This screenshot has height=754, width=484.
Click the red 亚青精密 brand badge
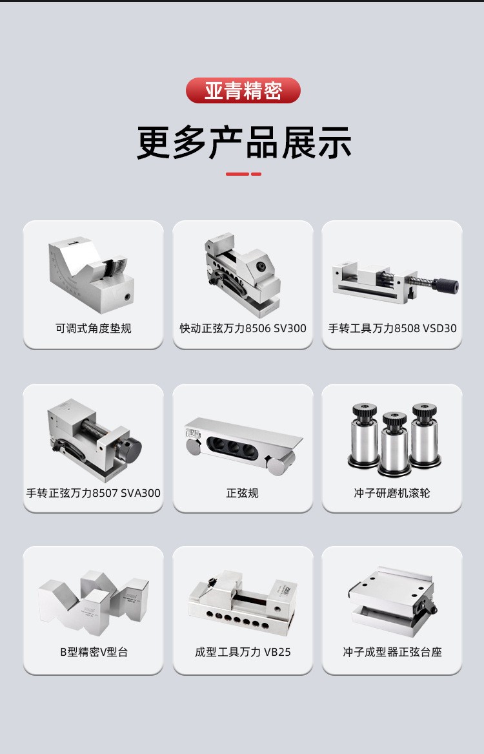(x=243, y=90)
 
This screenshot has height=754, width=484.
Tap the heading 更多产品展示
(x=244, y=143)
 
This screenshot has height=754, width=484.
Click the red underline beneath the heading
(x=243, y=174)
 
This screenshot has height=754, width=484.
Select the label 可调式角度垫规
(x=93, y=328)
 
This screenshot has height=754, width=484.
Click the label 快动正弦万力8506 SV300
(x=243, y=328)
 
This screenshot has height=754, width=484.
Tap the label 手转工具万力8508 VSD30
(x=392, y=328)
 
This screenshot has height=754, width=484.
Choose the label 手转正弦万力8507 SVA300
(x=93, y=493)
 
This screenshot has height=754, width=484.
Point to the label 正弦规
(x=243, y=493)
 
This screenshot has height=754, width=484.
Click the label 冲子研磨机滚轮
(x=392, y=493)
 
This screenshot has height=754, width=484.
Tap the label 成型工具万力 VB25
(x=243, y=652)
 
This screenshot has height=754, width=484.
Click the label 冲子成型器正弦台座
(x=392, y=652)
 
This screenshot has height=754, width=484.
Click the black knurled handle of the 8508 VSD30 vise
(x=445, y=286)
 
